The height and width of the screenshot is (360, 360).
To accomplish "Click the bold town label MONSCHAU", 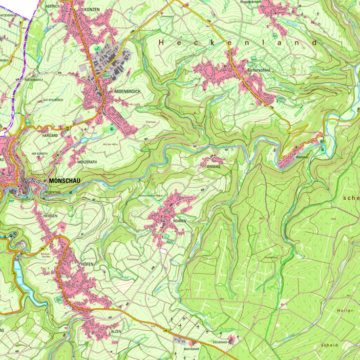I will point(63,180).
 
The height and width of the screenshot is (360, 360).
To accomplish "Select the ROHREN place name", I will point(179,221).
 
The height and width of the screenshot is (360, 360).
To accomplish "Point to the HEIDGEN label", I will point(51,215).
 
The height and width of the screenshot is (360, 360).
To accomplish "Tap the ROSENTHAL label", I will point(52,192).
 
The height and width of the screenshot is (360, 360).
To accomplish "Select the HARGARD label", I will point(50,135).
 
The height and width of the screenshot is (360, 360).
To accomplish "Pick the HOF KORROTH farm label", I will point(42,154).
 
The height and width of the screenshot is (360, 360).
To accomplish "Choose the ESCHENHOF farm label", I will point(221,343).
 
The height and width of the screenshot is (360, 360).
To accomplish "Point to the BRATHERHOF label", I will point(191,349).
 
